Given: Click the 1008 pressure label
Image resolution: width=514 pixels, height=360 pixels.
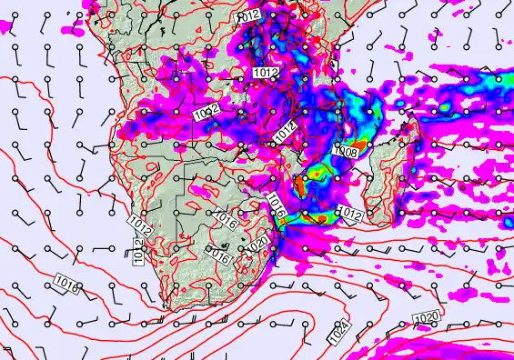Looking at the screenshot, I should click(x=346, y=152).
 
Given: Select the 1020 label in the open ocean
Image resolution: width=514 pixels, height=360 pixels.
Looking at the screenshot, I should click(x=426, y=317).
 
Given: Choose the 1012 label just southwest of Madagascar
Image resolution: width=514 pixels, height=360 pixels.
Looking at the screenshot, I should click(x=351, y=214).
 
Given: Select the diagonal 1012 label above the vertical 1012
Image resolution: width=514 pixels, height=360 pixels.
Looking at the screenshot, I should click(x=139, y=221).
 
